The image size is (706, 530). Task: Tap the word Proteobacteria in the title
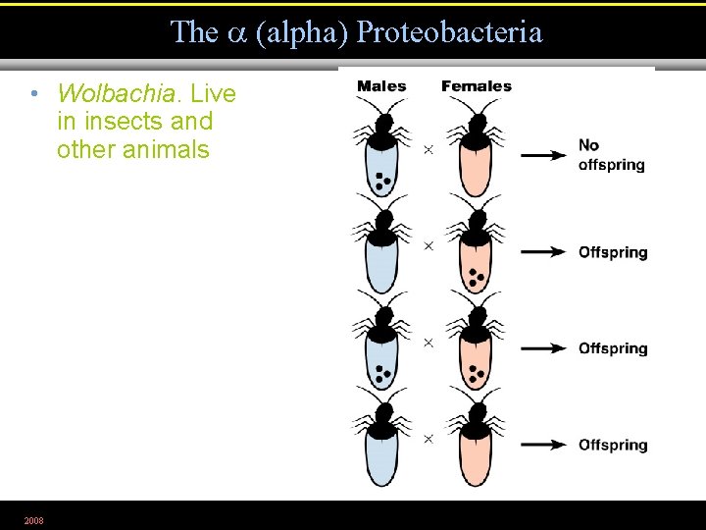click(x=449, y=32)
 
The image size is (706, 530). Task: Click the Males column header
click(x=381, y=86)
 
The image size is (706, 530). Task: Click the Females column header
click(x=477, y=86)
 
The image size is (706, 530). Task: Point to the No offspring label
click(x=611, y=155)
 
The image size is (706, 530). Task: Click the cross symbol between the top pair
click(x=428, y=149)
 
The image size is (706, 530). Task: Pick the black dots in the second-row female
click(x=477, y=278)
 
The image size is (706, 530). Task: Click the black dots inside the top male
click(x=382, y=181)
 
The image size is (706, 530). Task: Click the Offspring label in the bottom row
click(x=613, y=446)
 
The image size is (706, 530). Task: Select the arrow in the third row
click(x=543, y=348)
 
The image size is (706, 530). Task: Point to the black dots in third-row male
click(x=382, y=374)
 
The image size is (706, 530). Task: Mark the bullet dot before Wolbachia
click(x=34, y=94)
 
